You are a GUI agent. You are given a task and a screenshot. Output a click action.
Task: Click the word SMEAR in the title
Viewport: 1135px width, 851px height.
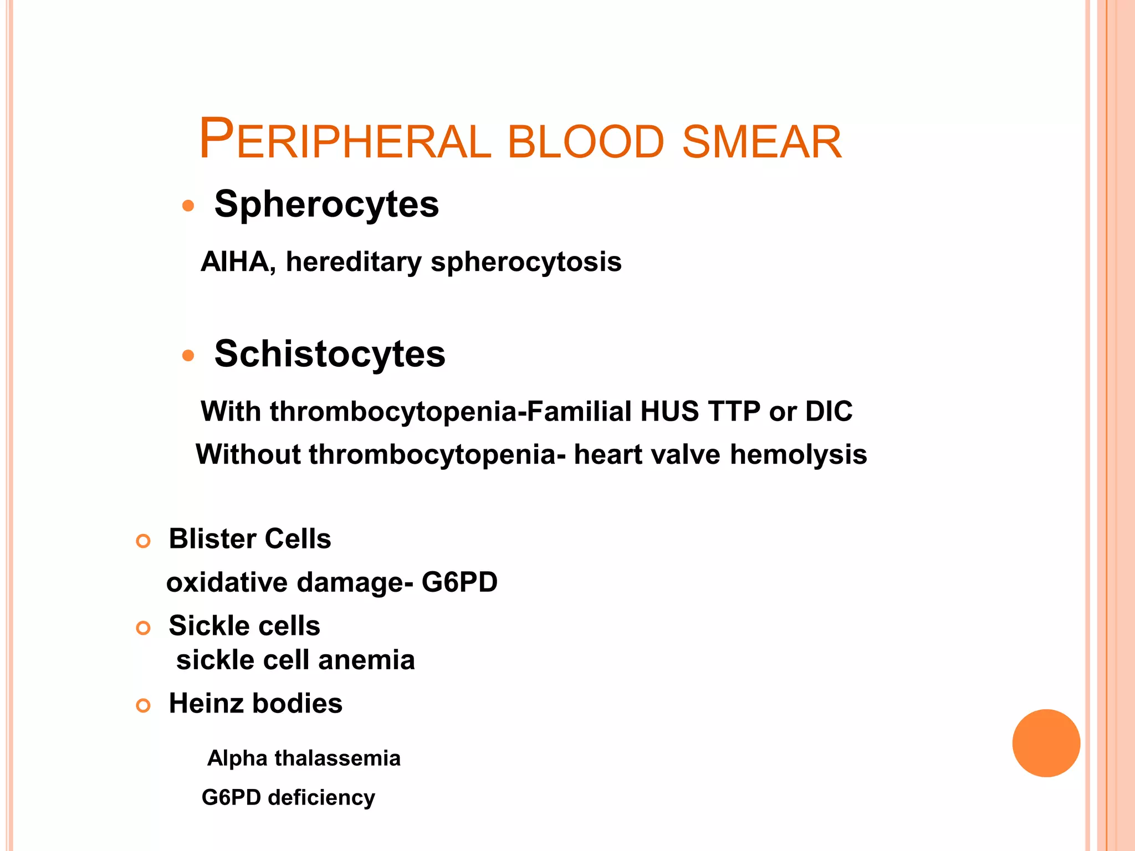[x=762, y=142]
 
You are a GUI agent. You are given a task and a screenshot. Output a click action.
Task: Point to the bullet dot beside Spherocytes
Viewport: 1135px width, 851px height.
[x=188, y=206]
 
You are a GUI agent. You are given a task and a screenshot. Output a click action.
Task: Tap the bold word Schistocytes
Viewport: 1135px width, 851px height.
[x=330, y=354]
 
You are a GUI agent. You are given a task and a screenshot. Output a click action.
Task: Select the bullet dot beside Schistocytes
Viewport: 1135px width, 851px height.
[x=188, y=355]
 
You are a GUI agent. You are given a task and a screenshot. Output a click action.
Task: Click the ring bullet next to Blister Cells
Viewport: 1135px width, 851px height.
[x=143, y=541]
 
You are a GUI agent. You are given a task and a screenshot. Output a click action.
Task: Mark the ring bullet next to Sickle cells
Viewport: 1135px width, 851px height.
[x=143, y=628]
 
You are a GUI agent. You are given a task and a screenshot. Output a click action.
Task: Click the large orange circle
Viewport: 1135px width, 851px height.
[x=1046, y=743]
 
